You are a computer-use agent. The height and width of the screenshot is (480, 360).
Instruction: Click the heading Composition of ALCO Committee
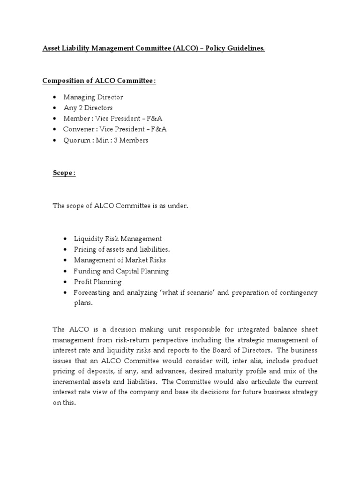(99, 81)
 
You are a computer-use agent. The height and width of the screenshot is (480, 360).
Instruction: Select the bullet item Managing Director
(93, 97)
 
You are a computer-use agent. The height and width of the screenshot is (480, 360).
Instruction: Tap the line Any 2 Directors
(88, 108)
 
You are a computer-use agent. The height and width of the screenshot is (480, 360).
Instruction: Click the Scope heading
(63, 173)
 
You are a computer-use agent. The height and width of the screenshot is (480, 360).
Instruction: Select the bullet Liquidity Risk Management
(118, 239)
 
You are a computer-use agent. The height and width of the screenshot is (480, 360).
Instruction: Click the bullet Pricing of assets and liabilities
(122, 249)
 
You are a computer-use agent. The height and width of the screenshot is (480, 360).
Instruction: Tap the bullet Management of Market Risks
(120, 260)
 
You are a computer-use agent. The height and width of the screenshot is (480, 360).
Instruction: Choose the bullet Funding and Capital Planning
(121, 271)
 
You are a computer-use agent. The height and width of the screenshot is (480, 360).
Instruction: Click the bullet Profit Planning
(97, 282)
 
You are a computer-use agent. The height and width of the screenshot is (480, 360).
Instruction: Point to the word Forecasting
(93, 292)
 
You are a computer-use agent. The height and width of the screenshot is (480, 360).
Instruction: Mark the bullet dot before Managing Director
(55, 97)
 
